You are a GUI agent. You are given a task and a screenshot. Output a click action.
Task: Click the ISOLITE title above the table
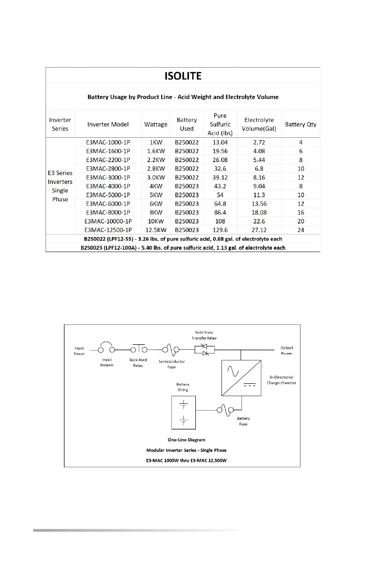[x=183, y=76]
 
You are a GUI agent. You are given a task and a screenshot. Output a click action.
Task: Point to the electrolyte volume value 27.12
[x=259, y=230]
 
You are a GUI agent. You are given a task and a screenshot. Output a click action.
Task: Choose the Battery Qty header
[x=300, y=124]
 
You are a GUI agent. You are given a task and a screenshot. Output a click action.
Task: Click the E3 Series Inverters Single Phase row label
[x=60, y=186]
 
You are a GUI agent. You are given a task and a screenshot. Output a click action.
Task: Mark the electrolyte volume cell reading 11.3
[x=259, y=195]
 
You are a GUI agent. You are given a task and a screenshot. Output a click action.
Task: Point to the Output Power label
[x=287, y=351]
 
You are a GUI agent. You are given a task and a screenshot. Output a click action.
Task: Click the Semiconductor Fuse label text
[x=171, y=364]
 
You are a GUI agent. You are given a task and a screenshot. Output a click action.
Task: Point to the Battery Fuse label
[x=243, y=421]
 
